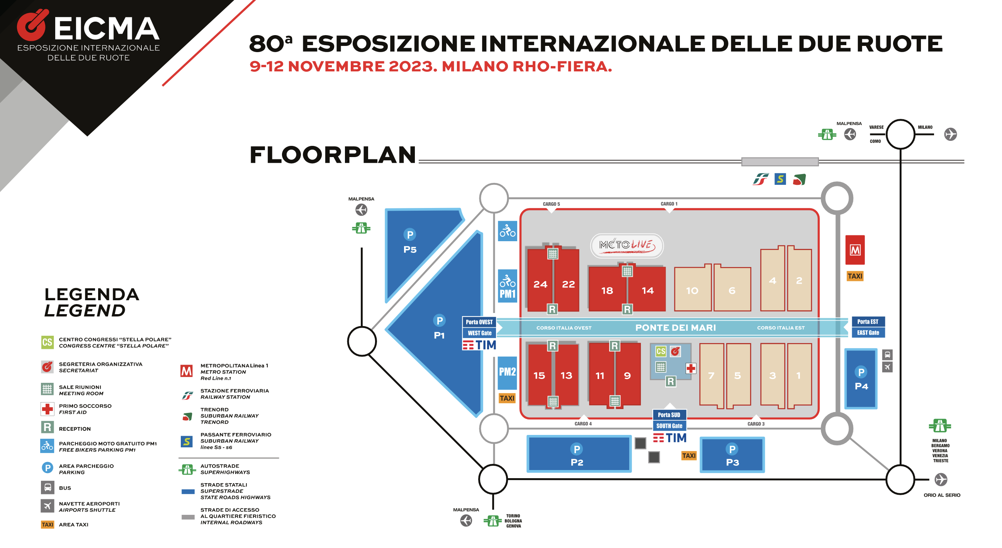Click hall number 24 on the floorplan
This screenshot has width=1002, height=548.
(540, 284)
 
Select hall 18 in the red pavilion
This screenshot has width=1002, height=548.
(607, 290)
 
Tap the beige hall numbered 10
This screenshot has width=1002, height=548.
(692, 290)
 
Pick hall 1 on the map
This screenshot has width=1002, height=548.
(798, 375)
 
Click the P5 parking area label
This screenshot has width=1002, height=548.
(410, 249)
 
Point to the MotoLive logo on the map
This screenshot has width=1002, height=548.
(627, 245)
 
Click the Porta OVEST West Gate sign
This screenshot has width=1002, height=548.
(479, 327)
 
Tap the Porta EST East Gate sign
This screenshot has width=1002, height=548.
(868, 327)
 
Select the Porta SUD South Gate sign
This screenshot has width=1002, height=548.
(669, 420)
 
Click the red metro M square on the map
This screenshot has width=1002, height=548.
(855, 250)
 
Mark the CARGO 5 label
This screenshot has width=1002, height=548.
(551, 204)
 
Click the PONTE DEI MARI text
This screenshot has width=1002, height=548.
(675, 328)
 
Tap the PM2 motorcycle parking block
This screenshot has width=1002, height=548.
(507, 373)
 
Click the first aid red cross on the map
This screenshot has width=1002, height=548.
(690, 368)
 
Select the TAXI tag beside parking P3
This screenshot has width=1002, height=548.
(688, 455)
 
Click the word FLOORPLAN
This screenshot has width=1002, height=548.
(333, 155)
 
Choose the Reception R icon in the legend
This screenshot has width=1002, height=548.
(48, 428)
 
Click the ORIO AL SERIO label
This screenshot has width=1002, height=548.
(942, 495)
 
